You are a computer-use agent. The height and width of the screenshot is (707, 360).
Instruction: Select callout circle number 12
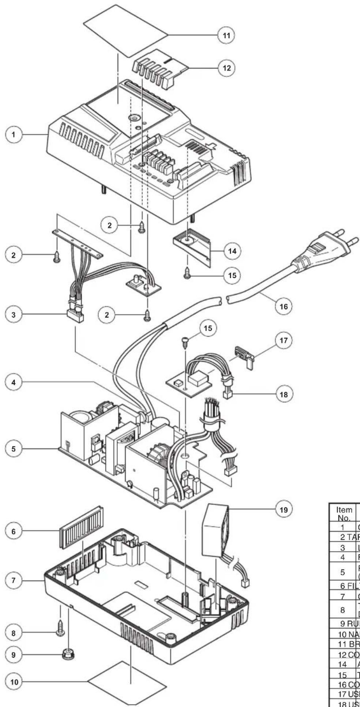(227, 68)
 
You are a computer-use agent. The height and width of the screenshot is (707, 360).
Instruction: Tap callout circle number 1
(14, 135)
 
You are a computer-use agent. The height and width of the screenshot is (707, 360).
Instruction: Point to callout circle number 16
(283, 306)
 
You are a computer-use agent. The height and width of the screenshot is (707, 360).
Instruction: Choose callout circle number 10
(14, 671)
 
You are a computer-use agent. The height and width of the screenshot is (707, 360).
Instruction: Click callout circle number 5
(14, 449)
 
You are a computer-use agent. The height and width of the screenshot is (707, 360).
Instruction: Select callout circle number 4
(14, 383)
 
